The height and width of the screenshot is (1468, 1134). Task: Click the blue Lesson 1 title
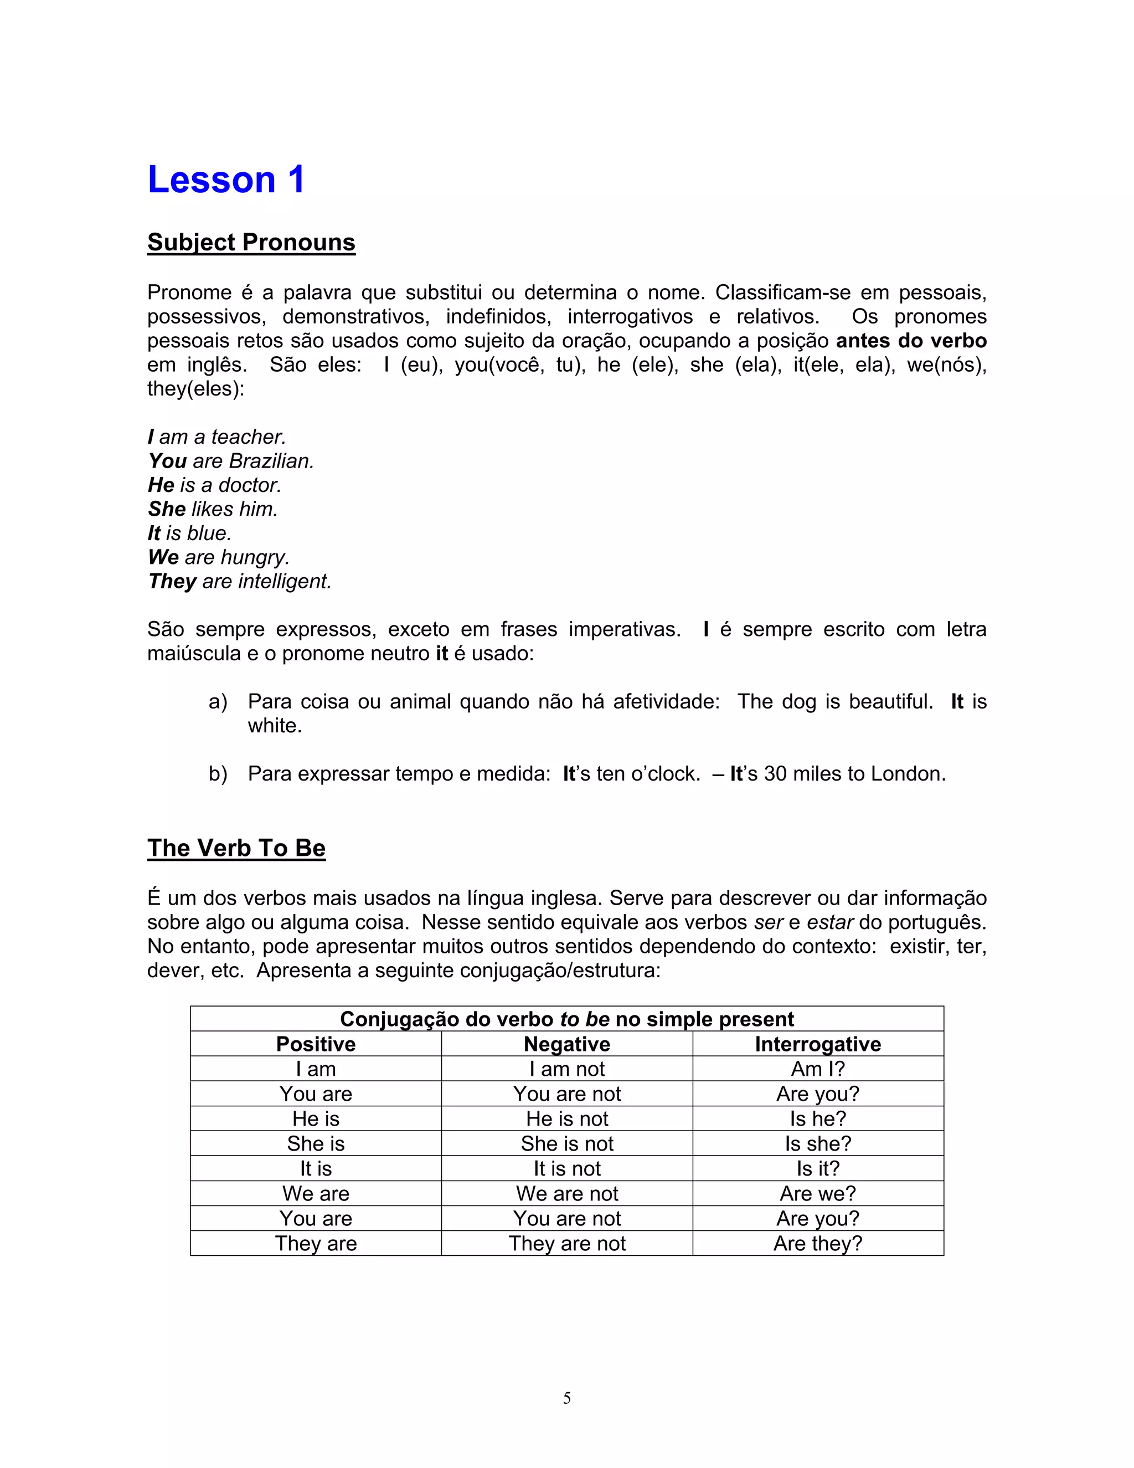click(x=226, y=180)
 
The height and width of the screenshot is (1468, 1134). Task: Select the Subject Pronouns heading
click(x=251, y=243)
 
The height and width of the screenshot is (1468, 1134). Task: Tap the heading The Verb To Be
click(x=236, y=848)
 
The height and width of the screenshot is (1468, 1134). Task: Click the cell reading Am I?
click(x=818, y=1069)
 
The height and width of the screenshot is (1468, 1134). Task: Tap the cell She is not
click(x=567, y=1143)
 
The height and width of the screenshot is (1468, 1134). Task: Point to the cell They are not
click(x=567, y=1244)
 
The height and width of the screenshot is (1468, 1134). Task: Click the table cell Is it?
click(x=818, y=1168)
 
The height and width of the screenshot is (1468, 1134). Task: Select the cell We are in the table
click(x=316, y=1194)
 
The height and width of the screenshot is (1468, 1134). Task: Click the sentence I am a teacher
click(x=217, y=437)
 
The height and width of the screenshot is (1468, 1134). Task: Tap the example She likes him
click(x=212, y=510)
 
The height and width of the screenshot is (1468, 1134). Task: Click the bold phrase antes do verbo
click(x=911, y=341)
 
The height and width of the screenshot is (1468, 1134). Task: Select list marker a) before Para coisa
click(x=218, y=702)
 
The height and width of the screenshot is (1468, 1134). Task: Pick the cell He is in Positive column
click(x=316, y=1118)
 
